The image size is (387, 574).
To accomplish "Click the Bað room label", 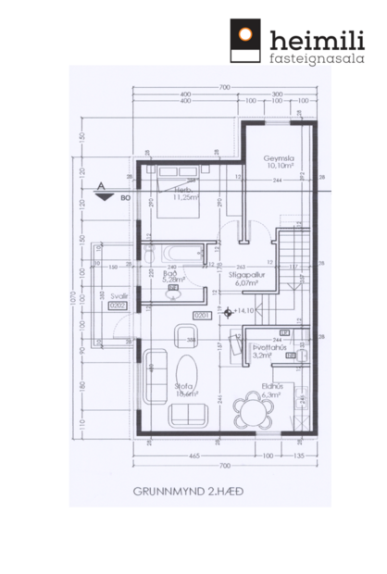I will point(172,275).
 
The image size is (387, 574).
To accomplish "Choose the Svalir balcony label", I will point(118,297).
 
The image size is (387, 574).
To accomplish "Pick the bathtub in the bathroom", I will point(178,252).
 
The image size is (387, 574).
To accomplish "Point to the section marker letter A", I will point(102,186).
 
